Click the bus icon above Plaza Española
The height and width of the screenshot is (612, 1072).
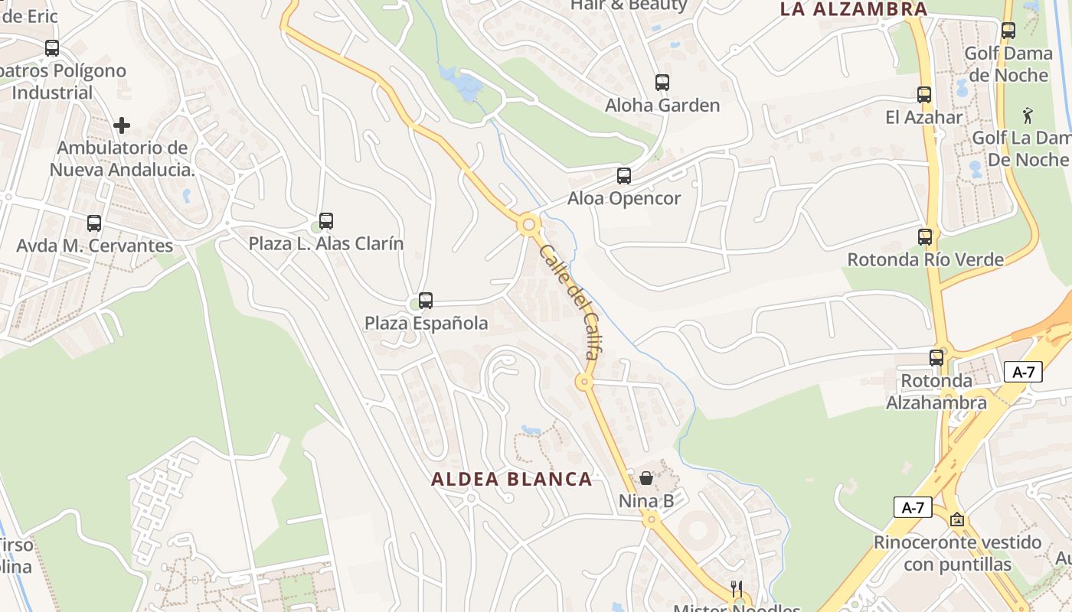click(x=426, y=301)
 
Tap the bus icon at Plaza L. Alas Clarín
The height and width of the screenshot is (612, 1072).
click(x=326, y=221)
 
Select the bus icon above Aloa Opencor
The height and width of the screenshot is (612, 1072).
click(x=624, y=176)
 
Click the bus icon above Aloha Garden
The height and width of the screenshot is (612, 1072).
click(x=662, y=83)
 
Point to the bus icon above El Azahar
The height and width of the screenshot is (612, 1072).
click(x=924, y=95)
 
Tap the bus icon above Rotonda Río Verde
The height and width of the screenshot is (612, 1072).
click(x=925, y=237)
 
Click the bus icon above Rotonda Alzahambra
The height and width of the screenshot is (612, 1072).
click(x=936, y=357)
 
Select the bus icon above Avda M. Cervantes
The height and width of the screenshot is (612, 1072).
click(x=94, y=223)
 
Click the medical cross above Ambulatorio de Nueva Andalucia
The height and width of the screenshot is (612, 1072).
click(x=122, y=125)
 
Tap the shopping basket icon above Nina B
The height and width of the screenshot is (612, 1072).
click(x=646, y=479)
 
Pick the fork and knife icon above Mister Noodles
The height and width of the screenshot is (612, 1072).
click(x=737, y=589)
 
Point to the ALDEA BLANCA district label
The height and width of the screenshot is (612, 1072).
click(x=511, y=480)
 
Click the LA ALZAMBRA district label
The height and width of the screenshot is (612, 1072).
click(x=854, y=9)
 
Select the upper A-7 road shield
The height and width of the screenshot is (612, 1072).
click(x=1023, y=373)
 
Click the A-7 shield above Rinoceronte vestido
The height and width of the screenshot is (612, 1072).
click(x=913, y=507)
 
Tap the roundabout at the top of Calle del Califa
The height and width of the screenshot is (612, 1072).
click(x=528, y=225)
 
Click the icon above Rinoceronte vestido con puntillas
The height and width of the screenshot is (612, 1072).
click(x=957, y=520)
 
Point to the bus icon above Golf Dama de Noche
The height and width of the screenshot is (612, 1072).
click(x=1008, y=31)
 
